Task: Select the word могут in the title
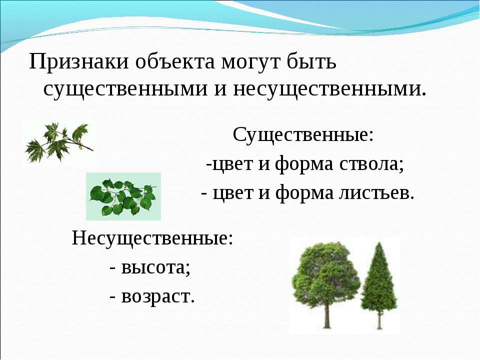pyautogui.click(x=250, y=63)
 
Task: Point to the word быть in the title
pyautogui.click(x=311, y=61)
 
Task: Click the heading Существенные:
pyautogui.click(x=303, y=134)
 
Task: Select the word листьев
pyautogui.click(x=376, y=193)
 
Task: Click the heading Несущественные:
pyautogui.click(x=152, y=238)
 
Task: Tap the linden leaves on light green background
pyautogui.click(x=123, y=196)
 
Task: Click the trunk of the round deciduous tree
pyautogui.click(x=327, y=315)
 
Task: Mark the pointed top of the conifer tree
pyautogui.click(x=379, y=243)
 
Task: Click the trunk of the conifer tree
pyautogui.click(x=379, y=320)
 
